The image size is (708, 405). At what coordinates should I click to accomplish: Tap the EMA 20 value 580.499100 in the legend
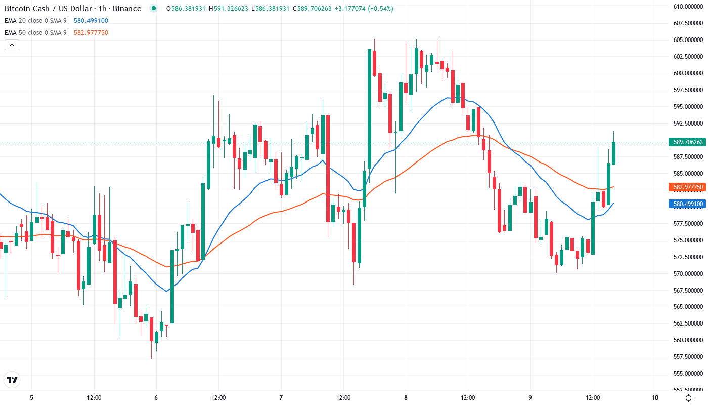click(x=91, y=21)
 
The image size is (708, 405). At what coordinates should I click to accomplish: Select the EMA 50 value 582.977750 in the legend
click(x=91, y=33)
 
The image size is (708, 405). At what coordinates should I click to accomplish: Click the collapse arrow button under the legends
click(x=12, y=45)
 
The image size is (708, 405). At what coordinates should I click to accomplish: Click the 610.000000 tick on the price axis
click(x=688, y=7)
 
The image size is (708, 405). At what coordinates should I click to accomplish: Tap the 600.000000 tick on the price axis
click(x=688, y=73)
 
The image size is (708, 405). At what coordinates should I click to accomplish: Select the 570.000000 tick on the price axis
click(x=688, y=273)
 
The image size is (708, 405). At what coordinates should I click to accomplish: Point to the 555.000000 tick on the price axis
click(x=688, y=374)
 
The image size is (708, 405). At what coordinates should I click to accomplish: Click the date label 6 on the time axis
click(x=156, y=398)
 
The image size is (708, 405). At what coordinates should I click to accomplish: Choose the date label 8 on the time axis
click(x=406, y=398)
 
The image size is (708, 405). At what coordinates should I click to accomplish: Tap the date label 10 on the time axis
click(x=655, y=398)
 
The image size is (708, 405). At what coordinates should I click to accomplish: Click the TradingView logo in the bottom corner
click(x=12, y=380)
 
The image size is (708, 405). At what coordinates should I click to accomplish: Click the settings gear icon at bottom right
click(x=689, y=398)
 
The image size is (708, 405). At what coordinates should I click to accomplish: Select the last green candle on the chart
click(x=613, y=153)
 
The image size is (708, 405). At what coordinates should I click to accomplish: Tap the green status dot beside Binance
click(x=154, y=9)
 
